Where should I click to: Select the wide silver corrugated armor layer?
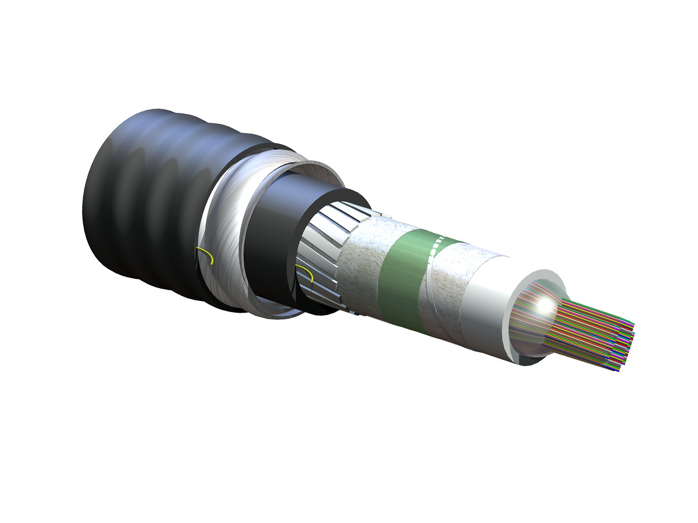point(224,232)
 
